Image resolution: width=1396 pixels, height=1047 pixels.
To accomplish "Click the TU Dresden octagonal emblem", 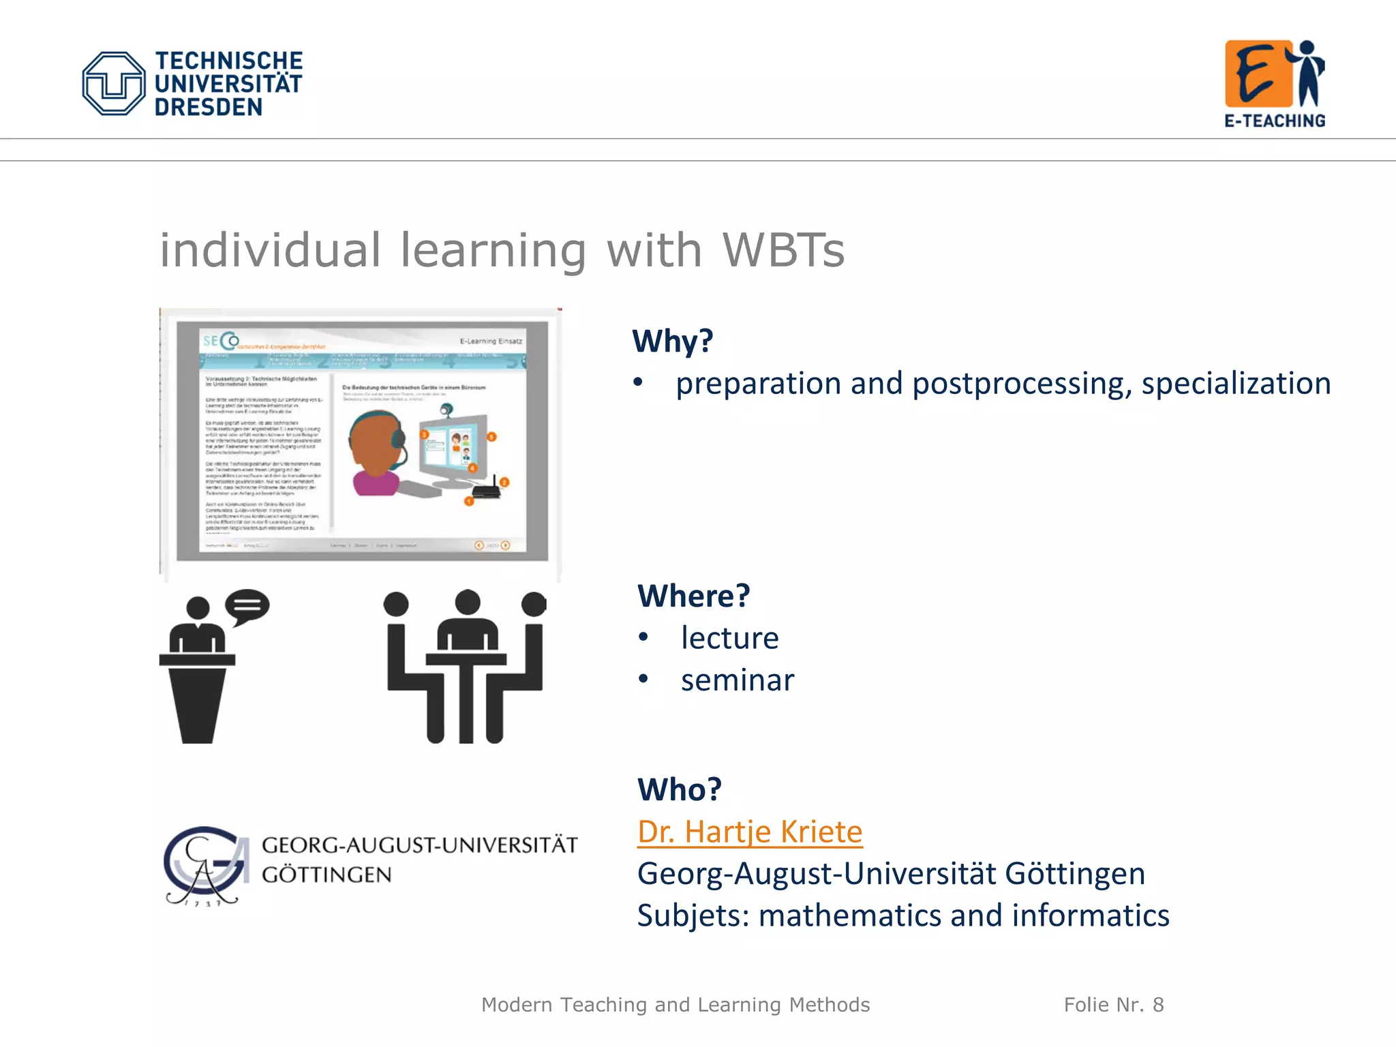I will (113, 83).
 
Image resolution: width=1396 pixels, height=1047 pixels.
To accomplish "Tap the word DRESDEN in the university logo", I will (208, 108).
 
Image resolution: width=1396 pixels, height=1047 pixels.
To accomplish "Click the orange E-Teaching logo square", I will (1258, 74).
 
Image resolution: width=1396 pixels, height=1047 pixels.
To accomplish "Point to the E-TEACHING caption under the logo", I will (1275, 121).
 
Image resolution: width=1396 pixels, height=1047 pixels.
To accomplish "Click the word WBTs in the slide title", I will (783, 250).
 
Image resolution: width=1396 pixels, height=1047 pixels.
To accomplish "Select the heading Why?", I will (672, 341).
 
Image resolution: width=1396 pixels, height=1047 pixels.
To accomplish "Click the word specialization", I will (1236, 383).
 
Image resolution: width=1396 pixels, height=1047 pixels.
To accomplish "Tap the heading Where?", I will (693, 596).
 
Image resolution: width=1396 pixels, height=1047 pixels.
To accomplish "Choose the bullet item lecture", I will (729, 638).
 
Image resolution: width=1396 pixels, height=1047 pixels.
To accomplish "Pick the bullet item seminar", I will (738, 680).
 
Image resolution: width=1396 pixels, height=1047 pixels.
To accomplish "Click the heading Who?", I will (679, 789).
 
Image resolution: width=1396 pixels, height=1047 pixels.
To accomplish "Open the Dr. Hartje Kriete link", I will (750, 832).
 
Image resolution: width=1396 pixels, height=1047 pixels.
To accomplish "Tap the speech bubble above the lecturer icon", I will (247, 605).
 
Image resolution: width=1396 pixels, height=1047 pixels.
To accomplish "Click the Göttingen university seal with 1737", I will (204, 866).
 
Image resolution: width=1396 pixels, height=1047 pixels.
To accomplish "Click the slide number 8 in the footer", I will (1158, 1005).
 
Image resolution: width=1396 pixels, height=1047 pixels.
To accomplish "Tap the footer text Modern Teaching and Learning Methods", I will (676, 1005).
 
